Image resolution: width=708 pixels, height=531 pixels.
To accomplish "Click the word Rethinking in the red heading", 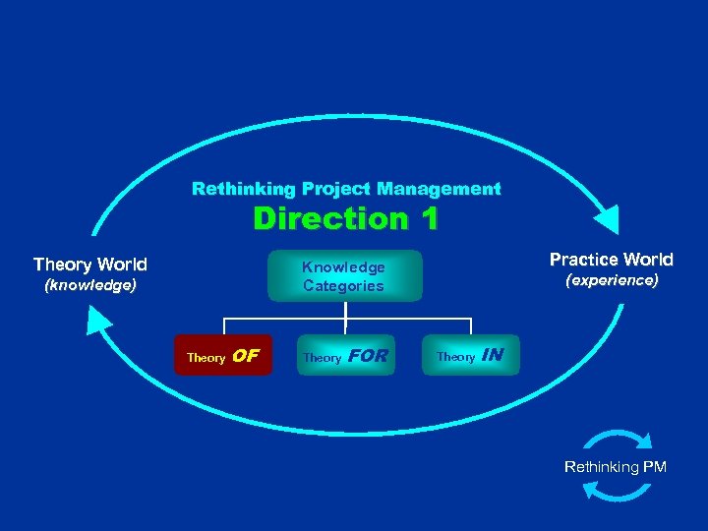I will pos(230,188).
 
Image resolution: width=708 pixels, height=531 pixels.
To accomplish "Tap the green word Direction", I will pos(320,218).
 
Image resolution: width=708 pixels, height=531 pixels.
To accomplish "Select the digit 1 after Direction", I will pos(425,218).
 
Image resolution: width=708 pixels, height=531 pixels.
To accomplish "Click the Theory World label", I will pos(90,265).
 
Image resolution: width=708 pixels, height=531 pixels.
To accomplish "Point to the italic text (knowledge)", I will pos(90,286).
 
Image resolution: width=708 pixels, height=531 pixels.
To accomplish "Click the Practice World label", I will pos(611,260).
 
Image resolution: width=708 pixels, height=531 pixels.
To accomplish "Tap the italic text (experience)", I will pos(611,281).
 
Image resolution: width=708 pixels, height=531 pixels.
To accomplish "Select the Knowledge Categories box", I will pos(344,276).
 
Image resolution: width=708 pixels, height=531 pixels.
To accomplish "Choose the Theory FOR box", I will pos(345,356).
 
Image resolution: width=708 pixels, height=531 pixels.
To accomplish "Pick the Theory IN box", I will pos(470,356).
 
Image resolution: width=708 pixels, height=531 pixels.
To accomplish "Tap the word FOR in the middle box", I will pos(369,356).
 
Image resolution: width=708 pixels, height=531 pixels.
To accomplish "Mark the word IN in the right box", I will pos(492,355).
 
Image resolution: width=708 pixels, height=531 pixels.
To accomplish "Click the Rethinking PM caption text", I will pos(616,467).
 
